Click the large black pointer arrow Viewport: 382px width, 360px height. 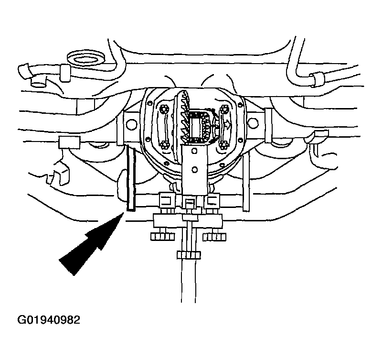(x=91, y=244)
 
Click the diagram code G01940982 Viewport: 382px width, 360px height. (x=49, y=320)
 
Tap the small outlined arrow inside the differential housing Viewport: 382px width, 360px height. (x=228, y=125)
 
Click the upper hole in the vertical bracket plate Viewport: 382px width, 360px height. (x=194, y=151)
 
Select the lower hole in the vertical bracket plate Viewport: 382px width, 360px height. (x=194, y=169)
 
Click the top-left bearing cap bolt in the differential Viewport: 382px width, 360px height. (x=162, y=108)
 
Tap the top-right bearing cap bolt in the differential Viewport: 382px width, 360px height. (x=223, y=108)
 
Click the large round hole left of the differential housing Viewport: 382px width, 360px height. (x=132, y=124)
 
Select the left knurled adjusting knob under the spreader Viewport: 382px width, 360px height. (x=162, y=237)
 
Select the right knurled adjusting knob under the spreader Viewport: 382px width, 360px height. (x=214, y=237)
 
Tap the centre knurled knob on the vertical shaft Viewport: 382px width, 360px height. (x=189, y=255)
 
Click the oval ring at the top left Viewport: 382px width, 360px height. (x=85, y=58)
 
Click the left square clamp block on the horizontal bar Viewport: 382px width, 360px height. (x=167, y=201)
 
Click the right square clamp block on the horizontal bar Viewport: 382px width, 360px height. (x=212, y=201)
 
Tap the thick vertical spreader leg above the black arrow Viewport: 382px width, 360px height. (x=130, y=178)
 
